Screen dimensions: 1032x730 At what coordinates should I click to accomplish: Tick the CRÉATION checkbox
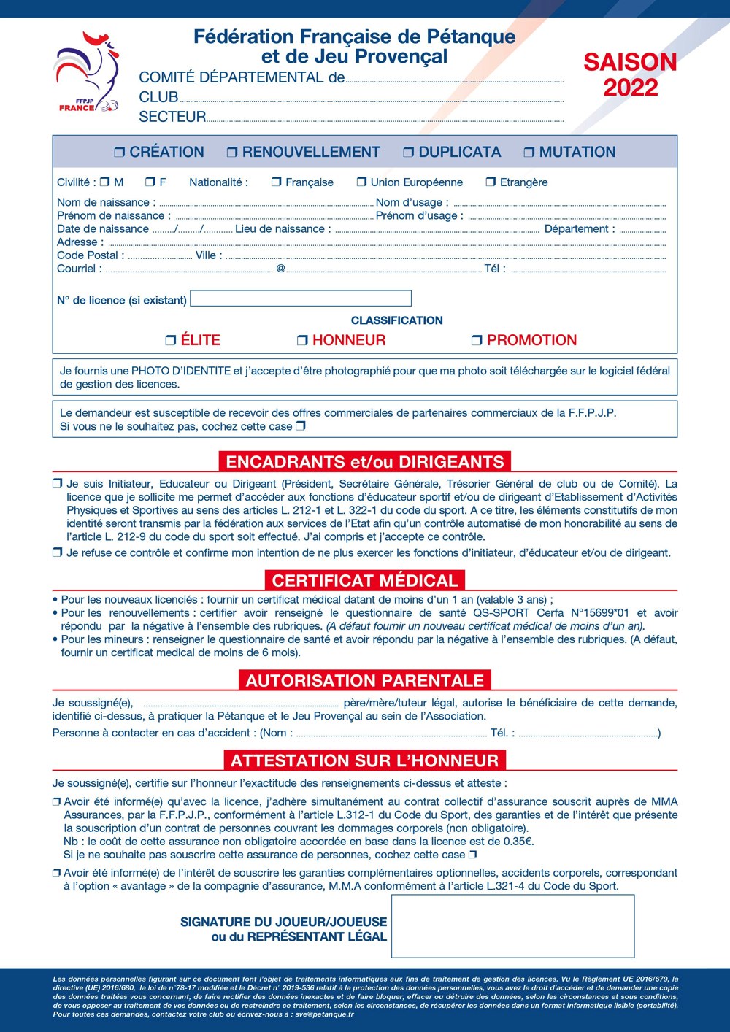(x=120, y=153)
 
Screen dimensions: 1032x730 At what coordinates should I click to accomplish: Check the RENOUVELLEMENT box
(x=232, y=153)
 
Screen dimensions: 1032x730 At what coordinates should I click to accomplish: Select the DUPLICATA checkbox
(x=409, y=153)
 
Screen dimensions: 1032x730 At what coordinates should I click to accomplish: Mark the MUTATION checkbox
(x=529, y=153)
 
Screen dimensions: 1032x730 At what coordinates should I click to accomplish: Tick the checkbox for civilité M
(x=104, y=182)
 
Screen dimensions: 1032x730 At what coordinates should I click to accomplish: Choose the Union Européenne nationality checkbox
(x=361, y=182)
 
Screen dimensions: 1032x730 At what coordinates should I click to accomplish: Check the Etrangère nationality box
(x=491, y=182)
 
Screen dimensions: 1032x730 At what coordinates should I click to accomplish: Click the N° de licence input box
(x=300, y=299)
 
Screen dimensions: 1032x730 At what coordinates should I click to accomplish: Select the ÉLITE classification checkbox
(x=171, y=340)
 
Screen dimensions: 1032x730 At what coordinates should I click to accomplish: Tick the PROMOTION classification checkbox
(x=477, y=340)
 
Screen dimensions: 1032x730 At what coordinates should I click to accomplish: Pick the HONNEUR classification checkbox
(x=302, y=340)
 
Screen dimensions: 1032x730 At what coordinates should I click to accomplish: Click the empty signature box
(x=512, y=926)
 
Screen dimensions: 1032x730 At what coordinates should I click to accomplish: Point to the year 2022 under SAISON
(x=630, y=88)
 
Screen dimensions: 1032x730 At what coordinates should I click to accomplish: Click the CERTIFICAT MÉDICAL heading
(x=365, y=581)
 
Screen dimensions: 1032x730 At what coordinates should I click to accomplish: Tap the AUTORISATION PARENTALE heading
(x=365, y=681)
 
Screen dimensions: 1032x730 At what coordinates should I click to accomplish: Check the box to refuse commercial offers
(x=301, y=426)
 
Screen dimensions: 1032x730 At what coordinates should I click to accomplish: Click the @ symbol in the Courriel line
(x=280, y=269)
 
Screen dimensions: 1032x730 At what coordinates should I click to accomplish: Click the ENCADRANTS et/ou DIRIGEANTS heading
(x=365, y=462)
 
